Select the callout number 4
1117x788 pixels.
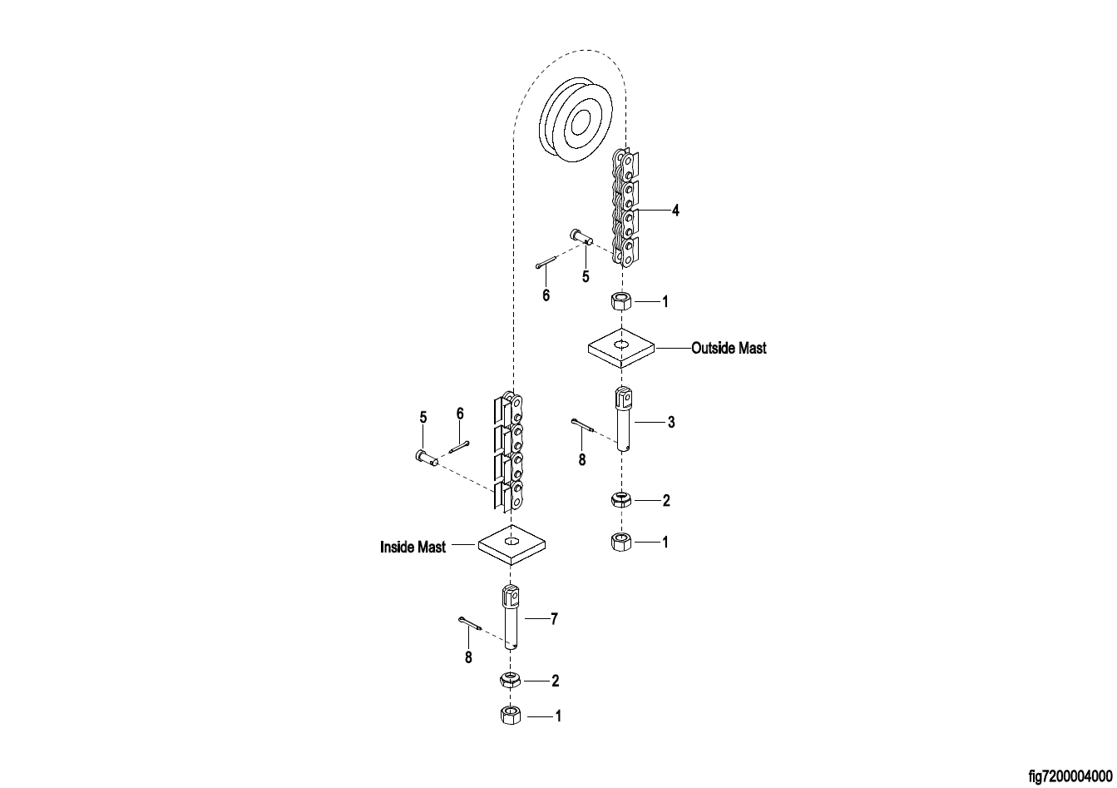(675, 211)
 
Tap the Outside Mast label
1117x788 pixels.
(729, 348)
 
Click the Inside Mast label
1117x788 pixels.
(413, 548)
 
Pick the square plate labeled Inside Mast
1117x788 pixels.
(512, 545)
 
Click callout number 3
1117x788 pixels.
(670, 423)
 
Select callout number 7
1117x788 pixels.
(554, 619)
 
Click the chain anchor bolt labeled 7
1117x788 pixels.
(511, 617)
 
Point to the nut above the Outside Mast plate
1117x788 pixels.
(620, 300)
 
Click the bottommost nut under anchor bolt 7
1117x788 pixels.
(510, 715)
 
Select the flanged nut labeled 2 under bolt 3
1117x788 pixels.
(621, 500)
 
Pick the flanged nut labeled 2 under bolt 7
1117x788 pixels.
(510, 680)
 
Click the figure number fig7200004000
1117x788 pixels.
(1070, 776)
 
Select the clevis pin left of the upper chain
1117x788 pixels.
(581, 238)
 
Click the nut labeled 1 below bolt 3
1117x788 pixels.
(621, 543)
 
